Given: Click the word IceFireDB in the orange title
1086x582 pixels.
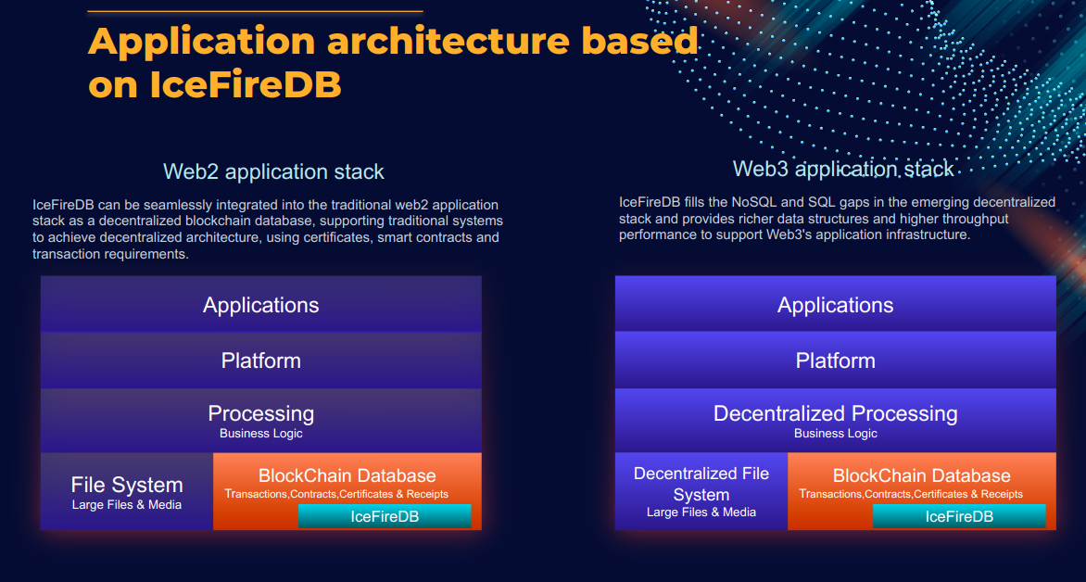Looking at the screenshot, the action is [246, 85].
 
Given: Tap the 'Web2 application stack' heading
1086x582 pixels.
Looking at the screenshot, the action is [273, 171].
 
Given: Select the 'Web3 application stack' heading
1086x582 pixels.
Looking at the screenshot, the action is [843, 169].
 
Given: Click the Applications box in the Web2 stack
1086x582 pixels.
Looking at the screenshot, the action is [261, 305].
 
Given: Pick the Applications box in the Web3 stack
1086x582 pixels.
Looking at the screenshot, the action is [835, 305].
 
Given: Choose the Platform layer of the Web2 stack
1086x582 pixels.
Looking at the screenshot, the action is [261, 361].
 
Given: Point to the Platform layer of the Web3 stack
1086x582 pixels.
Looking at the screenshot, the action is [835, 361].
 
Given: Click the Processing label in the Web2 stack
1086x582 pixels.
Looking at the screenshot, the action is [261, 413].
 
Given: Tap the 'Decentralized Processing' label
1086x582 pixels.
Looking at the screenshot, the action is [835, 413].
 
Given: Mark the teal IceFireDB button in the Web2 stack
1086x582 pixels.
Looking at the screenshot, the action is [385, 516].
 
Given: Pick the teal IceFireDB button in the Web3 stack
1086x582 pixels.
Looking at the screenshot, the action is [959, 516].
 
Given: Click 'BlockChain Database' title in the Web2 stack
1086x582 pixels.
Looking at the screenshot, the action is [347, 475].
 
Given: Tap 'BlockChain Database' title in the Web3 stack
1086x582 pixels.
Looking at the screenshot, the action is [921, 475].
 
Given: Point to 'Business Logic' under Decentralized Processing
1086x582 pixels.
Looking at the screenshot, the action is [835, 434].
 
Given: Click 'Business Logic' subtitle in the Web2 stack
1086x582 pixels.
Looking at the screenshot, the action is [261, 434].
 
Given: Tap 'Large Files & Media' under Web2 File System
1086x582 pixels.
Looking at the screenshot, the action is [127, 505].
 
